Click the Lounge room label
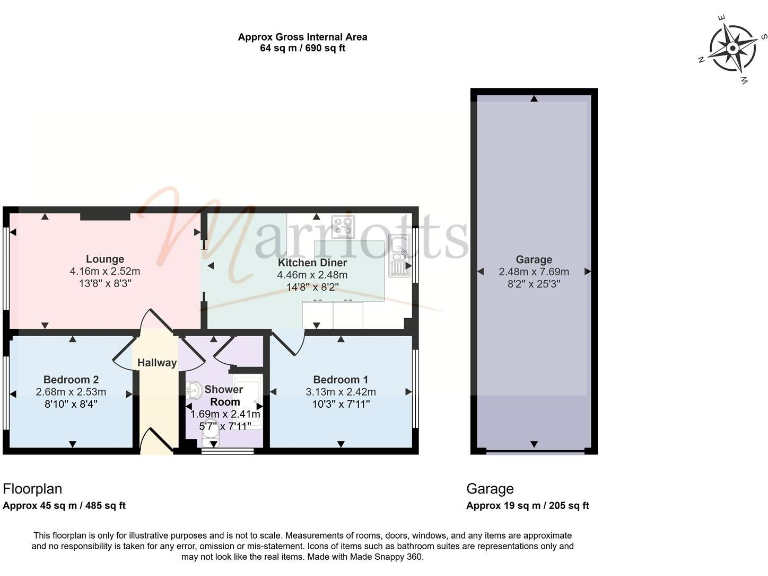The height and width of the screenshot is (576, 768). point(104,259)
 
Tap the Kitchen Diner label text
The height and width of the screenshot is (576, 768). point(312,262)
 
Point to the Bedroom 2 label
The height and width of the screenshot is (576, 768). point(70,380)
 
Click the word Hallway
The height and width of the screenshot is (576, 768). point(157,363)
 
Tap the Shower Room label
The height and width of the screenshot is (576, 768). point(224,395)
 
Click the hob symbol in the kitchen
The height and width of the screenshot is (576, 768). point(344,226)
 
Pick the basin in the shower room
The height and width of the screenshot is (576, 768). point(193,391)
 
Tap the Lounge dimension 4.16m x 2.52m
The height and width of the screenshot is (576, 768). point(104,271)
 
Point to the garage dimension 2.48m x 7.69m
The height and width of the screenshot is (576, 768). point(534,271)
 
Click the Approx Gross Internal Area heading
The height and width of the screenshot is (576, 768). point(302,37)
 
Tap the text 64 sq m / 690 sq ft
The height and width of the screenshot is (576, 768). point(302,48)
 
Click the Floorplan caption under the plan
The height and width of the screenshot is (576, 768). point(33,489)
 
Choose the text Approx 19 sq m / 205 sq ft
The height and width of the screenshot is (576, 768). point(528,506)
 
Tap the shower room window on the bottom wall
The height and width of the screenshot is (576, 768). point(227,451)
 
